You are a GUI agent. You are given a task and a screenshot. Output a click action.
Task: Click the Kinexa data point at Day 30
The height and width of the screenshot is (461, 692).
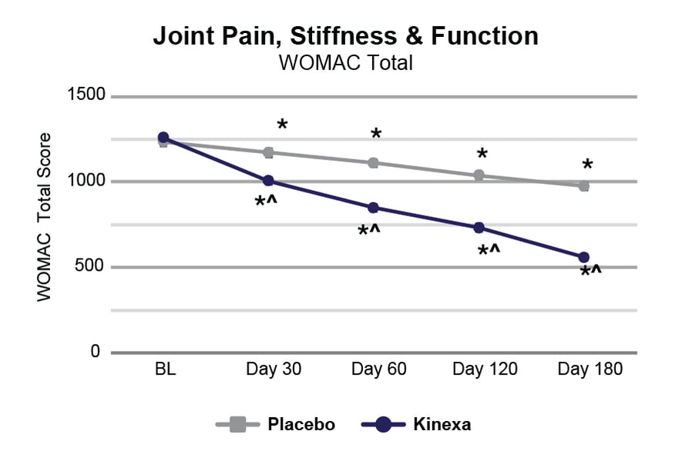[268, 181]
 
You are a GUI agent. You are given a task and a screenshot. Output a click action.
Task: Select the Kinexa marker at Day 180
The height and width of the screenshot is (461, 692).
[583, 257]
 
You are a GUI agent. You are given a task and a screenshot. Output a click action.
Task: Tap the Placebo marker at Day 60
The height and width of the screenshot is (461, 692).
[373, 162]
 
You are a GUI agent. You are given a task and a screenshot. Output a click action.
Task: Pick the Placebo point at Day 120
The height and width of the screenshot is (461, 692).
[479, 175]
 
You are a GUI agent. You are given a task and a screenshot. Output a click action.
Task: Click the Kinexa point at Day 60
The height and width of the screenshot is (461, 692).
[373, 208]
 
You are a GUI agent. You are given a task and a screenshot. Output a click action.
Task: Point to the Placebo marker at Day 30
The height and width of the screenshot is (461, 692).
[268, 152]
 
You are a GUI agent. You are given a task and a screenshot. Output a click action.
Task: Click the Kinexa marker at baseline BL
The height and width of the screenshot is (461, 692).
[163, 138]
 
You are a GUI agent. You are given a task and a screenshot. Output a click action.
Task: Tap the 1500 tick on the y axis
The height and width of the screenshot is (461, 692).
[86, 96]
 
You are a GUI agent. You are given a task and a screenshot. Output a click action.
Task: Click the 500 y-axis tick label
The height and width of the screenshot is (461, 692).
[89, 267]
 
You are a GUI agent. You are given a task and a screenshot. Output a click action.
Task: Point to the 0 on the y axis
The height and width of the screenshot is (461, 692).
[96, 352]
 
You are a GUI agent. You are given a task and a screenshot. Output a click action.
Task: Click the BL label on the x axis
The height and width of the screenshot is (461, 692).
[165, 369]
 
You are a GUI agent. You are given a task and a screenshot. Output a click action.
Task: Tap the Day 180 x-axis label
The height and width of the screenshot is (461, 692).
[590, 369]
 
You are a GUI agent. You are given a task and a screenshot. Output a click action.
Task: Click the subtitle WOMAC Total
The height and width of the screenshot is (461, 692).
[346, 62]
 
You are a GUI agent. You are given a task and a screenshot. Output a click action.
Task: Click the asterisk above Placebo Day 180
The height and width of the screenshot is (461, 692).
[587, 165]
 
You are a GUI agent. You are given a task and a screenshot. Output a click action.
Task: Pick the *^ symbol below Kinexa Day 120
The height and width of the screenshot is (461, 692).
[489, 251]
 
